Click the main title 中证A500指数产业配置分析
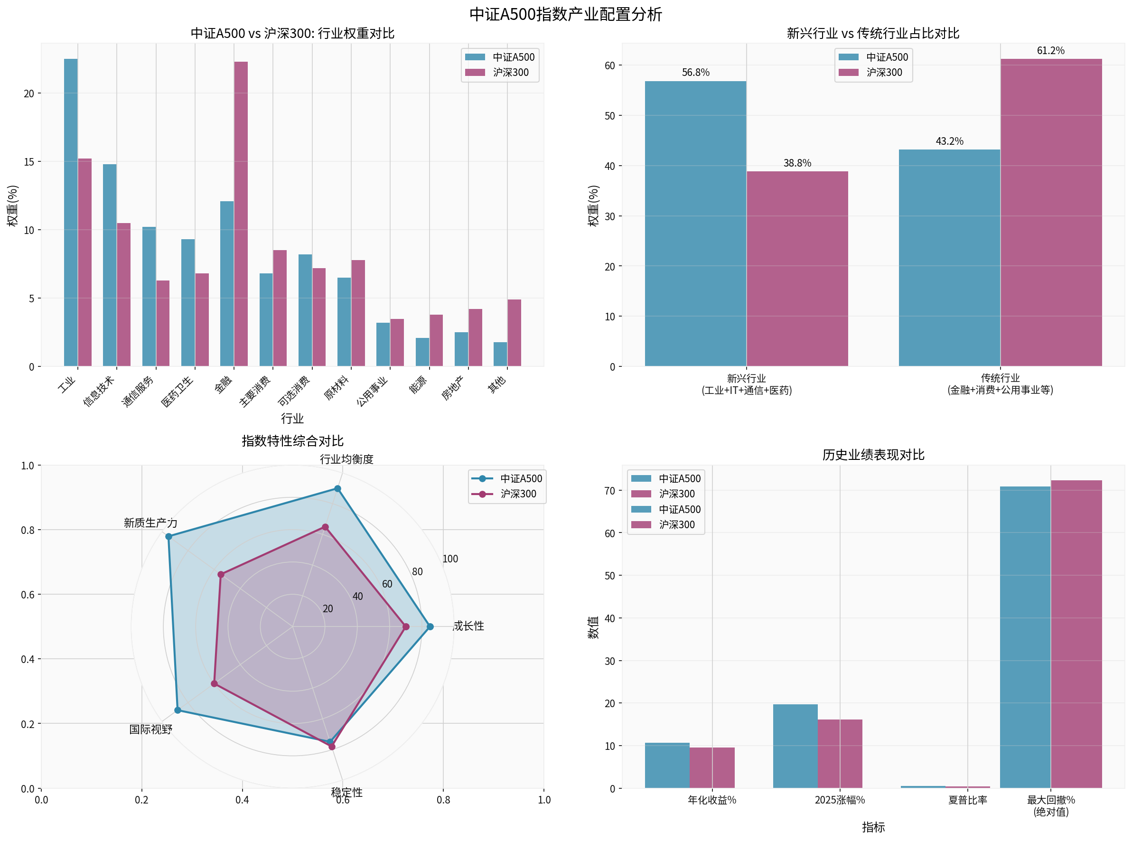pos(565,14)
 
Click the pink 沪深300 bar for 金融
pos(241,214)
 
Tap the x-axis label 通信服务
pos(138,392)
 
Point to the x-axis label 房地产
pos(452,388)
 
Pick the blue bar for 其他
pos(500,355)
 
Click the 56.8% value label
pos(695,72)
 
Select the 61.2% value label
pos(1050,50)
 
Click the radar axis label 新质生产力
pos(150,523)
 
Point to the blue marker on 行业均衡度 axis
pos(337,489)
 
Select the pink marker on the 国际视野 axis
pos(214,684)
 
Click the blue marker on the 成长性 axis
pos(430,626)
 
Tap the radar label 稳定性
pos(346,793)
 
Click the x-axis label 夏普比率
pos(967,800)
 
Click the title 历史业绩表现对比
pos(873,455)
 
